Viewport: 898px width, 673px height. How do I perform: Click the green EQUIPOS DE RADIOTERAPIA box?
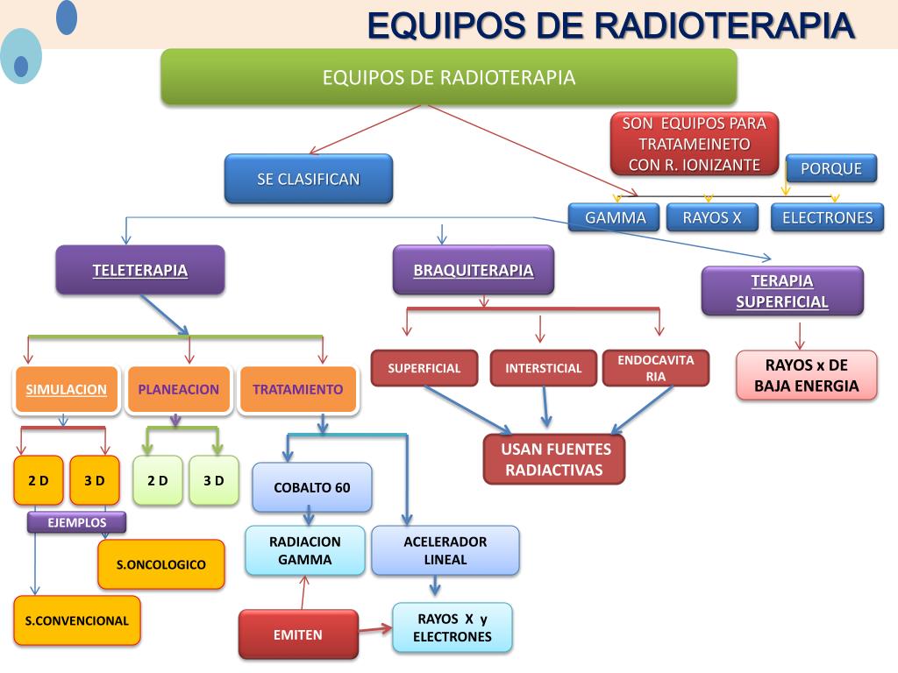pos(448,77)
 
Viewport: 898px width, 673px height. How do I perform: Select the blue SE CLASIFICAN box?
pos(308,179)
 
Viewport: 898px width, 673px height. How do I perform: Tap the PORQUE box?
pos(830,168)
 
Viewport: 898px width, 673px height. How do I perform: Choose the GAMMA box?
pos(615,217)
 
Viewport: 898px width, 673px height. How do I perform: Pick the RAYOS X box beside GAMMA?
pos(712,217)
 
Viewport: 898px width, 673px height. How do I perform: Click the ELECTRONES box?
pos(827,217)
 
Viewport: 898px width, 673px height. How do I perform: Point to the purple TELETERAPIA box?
pos(140,270)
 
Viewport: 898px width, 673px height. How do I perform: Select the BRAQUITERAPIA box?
pos(474,270)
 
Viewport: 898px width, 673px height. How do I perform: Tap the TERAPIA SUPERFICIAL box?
pos(782,291)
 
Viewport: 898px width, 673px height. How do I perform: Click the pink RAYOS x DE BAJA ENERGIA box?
pos(807,375)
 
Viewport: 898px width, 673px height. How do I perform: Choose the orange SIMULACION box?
pos(67,389)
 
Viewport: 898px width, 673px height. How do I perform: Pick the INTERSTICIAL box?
pos(543,368)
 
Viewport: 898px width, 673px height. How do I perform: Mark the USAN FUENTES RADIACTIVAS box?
pos(554,459)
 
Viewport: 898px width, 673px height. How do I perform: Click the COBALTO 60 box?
pos(311,487)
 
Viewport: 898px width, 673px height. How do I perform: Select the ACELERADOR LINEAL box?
pos(445,550)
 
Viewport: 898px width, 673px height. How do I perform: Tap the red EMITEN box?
pos(298,634)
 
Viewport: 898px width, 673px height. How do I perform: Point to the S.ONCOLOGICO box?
pos(161,564)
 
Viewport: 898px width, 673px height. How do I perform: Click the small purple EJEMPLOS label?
pos(76,523)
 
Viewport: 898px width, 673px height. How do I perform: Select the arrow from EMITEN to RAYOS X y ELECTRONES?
pos(375,628)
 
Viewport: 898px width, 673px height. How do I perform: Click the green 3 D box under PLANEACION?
pos(214,480)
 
